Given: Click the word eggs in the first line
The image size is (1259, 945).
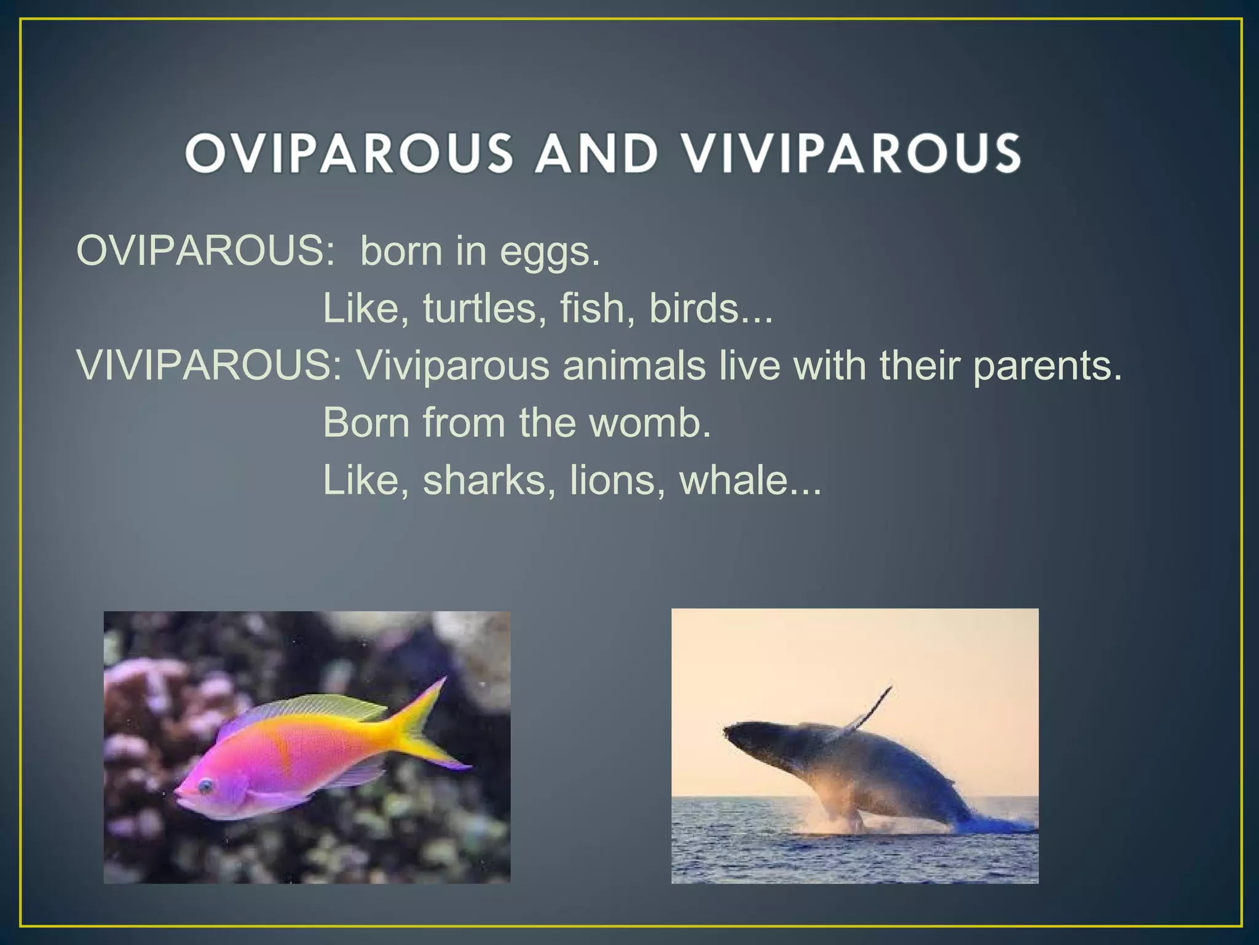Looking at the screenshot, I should click(x=550, y=252).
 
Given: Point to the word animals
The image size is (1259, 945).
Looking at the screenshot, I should click(x=634, y=365).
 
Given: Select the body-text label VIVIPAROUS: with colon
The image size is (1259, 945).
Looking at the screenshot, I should click(x=209, y=365).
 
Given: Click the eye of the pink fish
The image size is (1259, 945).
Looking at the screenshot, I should click(x=205, y=786).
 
